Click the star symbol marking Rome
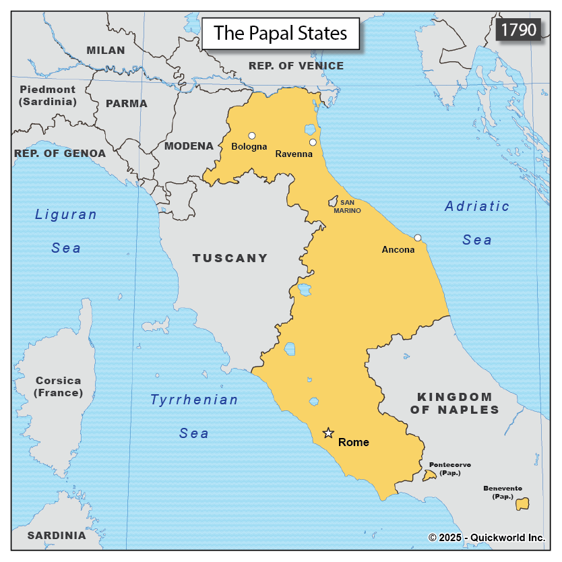(x=328, y=433)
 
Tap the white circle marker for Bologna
(x=252, y=135)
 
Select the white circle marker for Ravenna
(x=313, y=142)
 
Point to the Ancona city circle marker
(x=418, y=238)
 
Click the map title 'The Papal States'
(x=280, y=33)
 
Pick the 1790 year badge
(x=518, y=30)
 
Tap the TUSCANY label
(x=230, y=258)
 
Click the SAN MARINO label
(x=346, y=206)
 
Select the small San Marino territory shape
(x=332, y=201)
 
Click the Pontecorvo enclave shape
(x=429, y=476)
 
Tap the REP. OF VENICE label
(x=296, y=65)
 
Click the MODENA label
(x=189, y=146)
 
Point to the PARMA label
(x=126, y=104)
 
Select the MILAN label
(x=106, y=50)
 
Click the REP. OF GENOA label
(x=60, y=153)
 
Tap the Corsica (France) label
(x=59, y=386)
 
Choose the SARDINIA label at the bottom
(x=57, y=536)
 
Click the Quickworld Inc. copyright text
(x=486, y=537)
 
